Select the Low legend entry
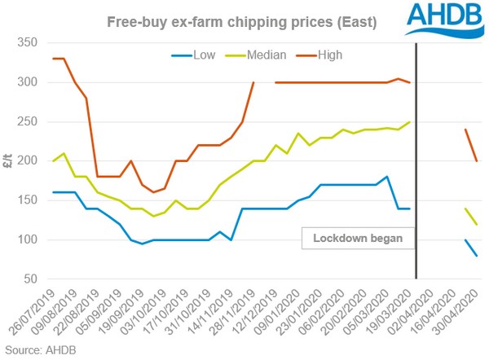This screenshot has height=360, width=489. coord(192,55)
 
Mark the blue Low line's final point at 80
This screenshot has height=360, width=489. coord(476,256)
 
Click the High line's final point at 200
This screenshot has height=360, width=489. coord(476,161)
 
